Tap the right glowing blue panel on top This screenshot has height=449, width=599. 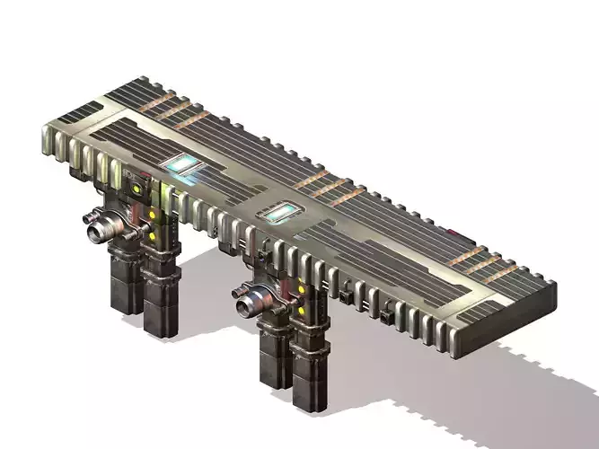tap(279, 214)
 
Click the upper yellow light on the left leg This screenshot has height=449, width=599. tap(153, 216)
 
